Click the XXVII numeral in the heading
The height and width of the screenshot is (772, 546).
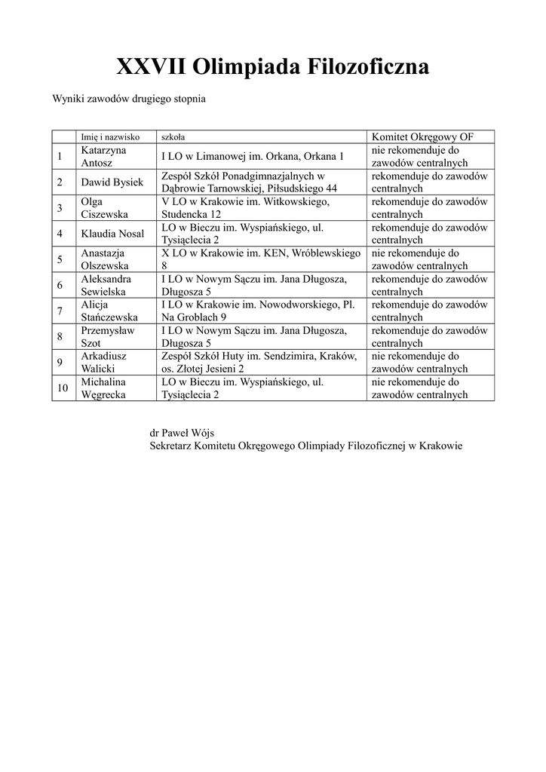pyautogui.click(x=151, y=68)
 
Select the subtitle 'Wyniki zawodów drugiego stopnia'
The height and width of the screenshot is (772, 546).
pyautogui.click(x=129, y=99)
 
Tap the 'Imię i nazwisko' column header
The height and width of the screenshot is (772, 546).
pyautogui.click(x=111, y=137)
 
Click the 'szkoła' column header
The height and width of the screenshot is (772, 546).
pyautogui.click(x=173, y=137)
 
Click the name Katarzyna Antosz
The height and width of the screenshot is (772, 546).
pyautogui.click(x=104, y=156)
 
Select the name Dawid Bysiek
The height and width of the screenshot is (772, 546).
pyautogui.click(x=112, y=182)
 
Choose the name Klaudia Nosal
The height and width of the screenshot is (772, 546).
pyautogui.click(x=112, y=234)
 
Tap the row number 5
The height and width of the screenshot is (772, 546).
pyautogui.click(x=59, y=260)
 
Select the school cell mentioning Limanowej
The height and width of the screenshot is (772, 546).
pyautogui.click(x=252, y=156)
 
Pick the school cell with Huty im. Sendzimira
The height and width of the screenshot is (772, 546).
pyautogui.click(x=259, y=363)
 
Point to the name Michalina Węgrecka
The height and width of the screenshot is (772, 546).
pyautogui.click(x=106, y=388)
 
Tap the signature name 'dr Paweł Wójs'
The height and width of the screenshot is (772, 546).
pyautogui.click(x=181, y=433)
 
